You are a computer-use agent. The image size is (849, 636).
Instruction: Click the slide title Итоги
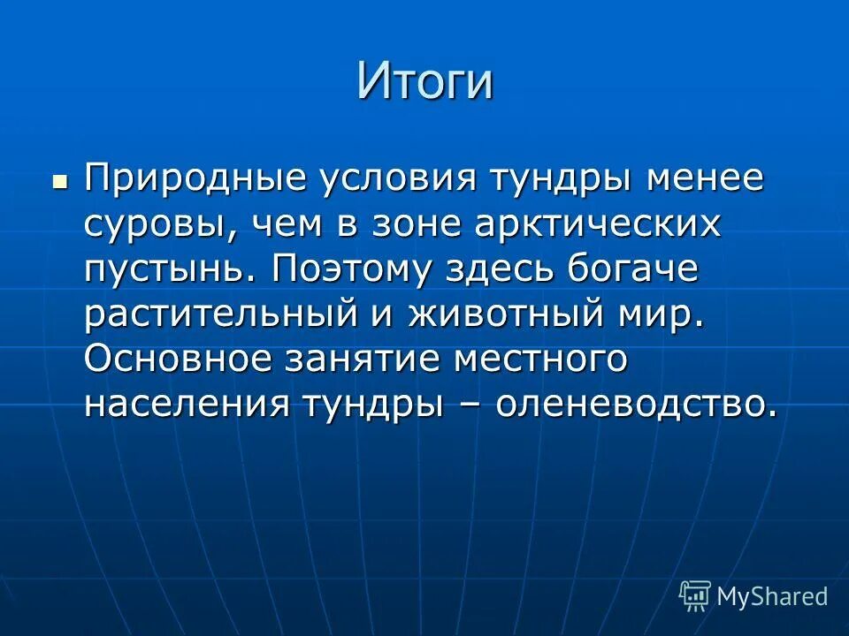click(x=424, y=81)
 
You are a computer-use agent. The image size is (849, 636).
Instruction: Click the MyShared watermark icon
click(x=695, y=595)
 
